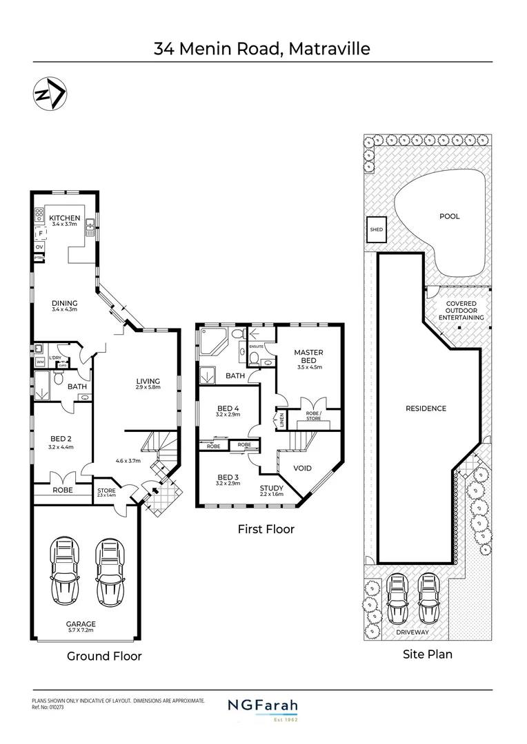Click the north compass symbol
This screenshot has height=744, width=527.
point(49,94)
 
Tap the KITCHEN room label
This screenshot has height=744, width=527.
point(65,218)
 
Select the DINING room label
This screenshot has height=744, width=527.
point(65,303)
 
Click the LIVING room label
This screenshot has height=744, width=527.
point(148,381)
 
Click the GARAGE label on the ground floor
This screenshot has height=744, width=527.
point(81,624)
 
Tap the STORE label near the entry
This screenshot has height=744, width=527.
point(106,490)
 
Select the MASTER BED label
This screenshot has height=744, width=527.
point(308,356)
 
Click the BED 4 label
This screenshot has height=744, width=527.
point(228,406)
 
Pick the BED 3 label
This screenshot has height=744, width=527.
point(228,477)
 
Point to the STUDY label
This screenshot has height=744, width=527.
point(272,488)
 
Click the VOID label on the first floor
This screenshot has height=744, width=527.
point(303,468)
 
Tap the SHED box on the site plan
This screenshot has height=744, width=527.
point(376,230)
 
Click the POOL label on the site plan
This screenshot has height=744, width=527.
point(450,216)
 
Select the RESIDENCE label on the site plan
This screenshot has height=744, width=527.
point(426,409)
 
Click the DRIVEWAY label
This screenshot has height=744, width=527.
point(413,632)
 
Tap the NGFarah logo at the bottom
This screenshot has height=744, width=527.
point(263,707)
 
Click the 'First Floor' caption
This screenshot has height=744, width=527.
point(266,529)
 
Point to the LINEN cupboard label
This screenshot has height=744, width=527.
point(281,419)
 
